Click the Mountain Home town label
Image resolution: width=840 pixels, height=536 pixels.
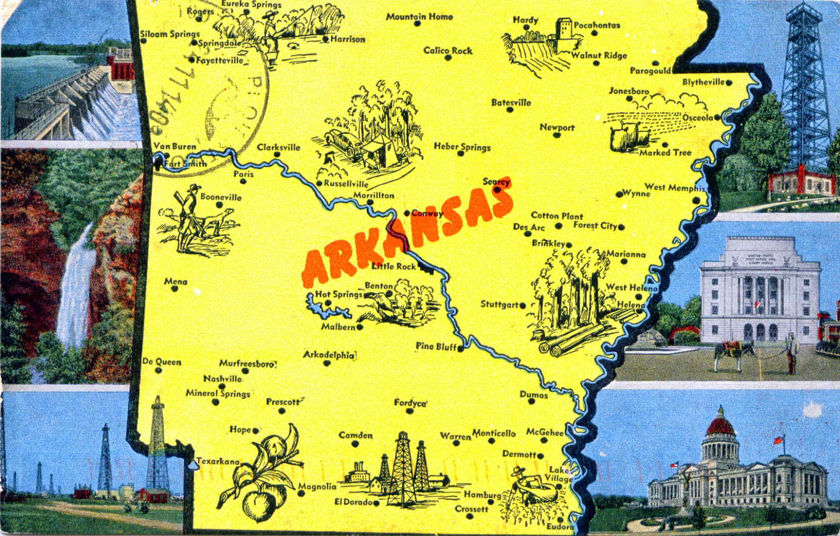coord(419,17)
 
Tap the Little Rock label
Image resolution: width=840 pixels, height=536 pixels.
coord(393,266)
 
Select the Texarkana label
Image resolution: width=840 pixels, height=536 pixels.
coord(217,462)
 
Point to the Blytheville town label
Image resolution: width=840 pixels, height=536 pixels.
coord(703,82)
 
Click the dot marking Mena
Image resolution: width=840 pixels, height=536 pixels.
coord(175,288)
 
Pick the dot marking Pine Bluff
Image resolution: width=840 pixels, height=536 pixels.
coord(460,348)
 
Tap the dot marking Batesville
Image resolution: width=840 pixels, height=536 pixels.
coord(510,110)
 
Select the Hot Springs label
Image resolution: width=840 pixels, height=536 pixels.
coord(339,294)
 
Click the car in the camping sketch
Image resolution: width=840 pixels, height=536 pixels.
coord(341,142)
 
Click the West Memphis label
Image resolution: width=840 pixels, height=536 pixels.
coord(675,187)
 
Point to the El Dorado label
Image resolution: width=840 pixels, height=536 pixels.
coord(353,502)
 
